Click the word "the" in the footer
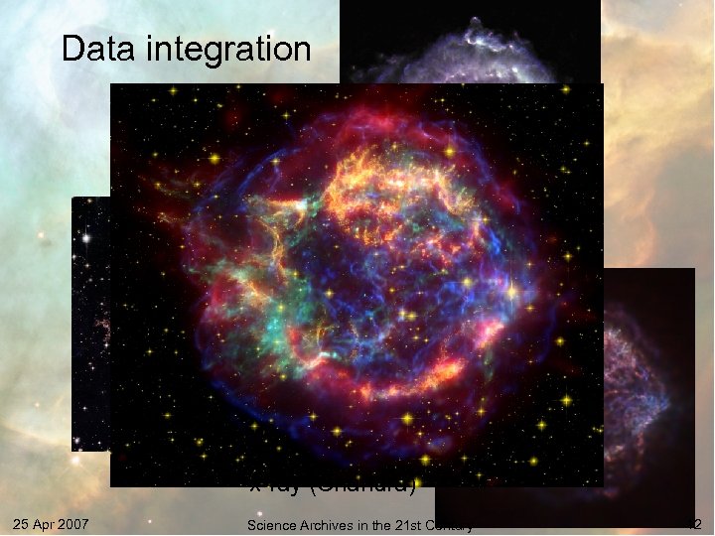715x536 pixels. point(376,525)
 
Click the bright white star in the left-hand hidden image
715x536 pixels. point(88,239)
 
